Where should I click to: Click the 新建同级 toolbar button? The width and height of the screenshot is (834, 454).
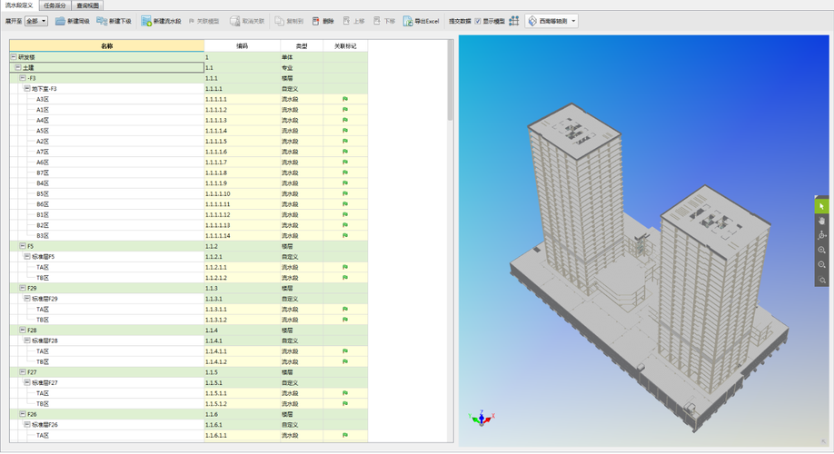(x=73, y=21)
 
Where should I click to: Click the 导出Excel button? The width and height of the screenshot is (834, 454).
(x=422, y=21)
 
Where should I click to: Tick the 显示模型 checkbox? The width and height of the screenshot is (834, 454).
(x=478, y=21)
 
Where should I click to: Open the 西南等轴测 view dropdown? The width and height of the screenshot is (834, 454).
(x=552, y=21)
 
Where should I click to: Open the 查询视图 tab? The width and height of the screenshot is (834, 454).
(x=89, y=5)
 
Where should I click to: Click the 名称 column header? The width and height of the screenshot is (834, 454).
(x=107, y=45)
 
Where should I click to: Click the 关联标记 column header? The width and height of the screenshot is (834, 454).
(x=345, y=45)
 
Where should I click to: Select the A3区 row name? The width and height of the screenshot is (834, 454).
(x=43, y=99)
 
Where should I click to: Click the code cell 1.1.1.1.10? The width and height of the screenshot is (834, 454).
(x=217, y=193)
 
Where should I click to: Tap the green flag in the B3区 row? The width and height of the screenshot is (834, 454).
(x=345, y=235)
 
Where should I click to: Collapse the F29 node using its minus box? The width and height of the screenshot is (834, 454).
(x=23, y=288)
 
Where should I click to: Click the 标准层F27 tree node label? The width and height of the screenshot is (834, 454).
(x=46, y=382)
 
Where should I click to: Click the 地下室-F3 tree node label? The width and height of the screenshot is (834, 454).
(x=45, y=89)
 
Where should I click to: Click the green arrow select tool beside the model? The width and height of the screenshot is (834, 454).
(x=822, y=206)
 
